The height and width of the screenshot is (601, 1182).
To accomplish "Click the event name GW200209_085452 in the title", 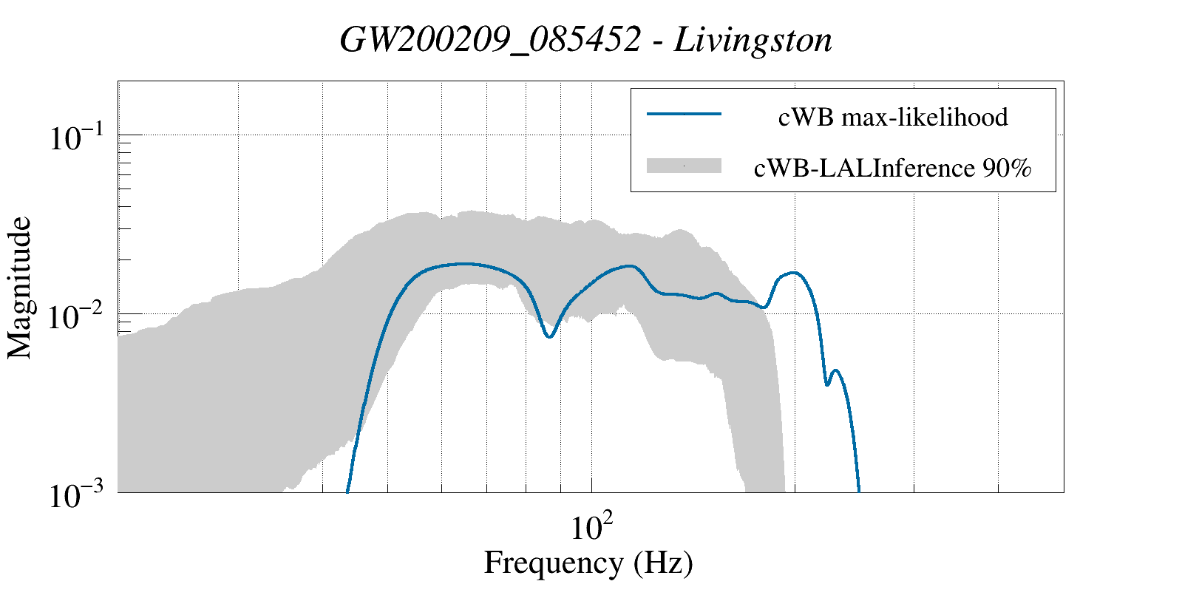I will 489,41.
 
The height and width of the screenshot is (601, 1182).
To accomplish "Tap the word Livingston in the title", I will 753,41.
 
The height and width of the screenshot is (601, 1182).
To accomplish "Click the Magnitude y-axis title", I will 20,288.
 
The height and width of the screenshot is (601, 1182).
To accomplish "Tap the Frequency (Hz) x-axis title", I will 588,563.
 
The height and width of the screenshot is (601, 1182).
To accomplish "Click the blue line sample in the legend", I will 684,114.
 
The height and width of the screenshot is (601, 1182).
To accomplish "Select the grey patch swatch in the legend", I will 684,166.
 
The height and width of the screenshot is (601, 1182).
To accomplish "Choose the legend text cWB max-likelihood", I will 893,117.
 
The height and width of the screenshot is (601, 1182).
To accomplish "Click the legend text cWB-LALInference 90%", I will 892,169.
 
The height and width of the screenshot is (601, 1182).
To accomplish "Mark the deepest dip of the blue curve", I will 549,336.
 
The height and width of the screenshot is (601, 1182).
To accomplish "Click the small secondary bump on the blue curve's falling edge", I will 835,371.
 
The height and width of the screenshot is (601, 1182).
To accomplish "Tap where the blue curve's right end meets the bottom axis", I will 858,491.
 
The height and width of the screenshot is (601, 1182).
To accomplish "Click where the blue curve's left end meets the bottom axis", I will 347,491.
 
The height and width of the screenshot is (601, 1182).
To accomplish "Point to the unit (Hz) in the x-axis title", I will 663,563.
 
